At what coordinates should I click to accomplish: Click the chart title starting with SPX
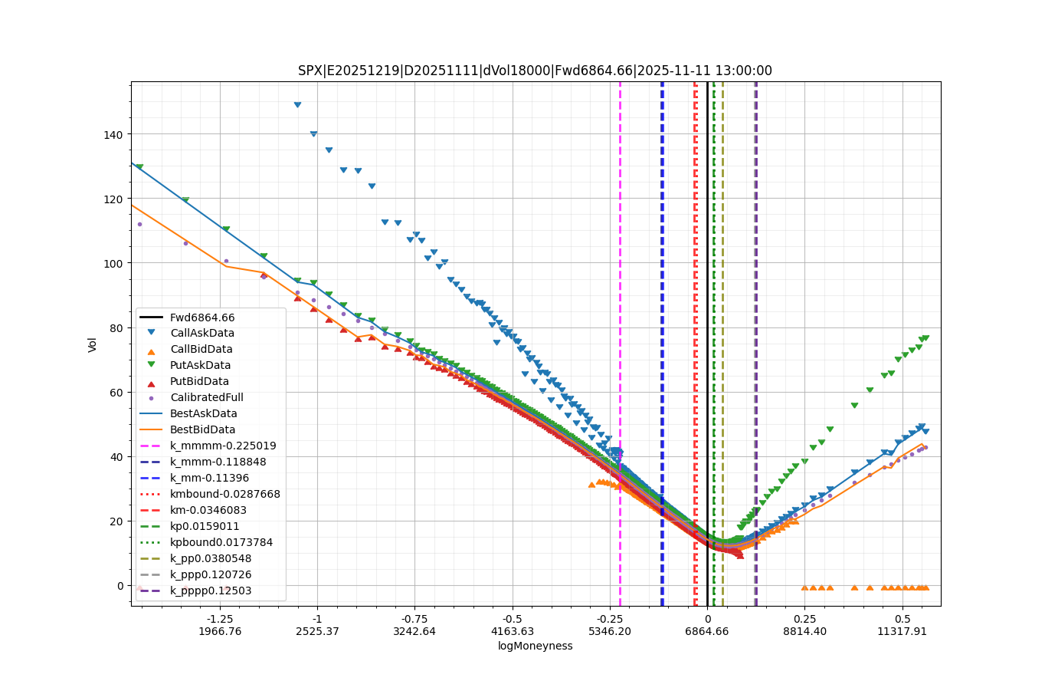coord(535,71)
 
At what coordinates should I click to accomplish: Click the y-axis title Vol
coord(93,344)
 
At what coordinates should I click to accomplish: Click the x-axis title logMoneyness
coord(536,646)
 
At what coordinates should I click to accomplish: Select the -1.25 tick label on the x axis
coord(220,619)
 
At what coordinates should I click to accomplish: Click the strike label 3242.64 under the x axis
coord(414,631)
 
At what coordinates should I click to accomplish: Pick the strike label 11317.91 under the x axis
coord(902,631)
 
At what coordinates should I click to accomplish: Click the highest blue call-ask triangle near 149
coord(297,105)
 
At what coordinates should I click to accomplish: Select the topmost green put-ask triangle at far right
coord(925,337)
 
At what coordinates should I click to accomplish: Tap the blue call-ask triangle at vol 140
coord(313,133)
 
